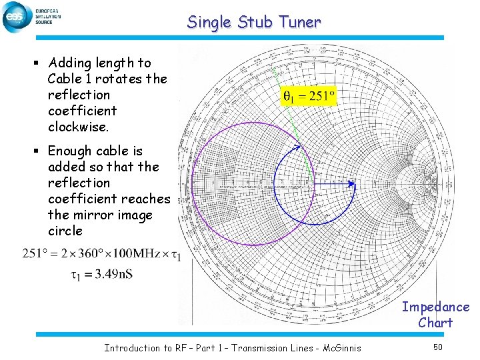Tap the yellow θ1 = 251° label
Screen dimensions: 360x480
point(309,97)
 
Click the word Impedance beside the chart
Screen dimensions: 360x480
point(435,307)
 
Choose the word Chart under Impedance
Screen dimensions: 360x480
point(435,323)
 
